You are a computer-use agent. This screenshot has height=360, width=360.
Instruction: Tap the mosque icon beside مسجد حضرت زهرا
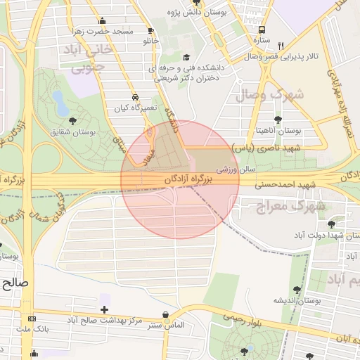coord(103,21)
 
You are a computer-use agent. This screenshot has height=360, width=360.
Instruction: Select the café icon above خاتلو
coord(150,31)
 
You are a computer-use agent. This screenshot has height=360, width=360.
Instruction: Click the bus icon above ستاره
coord(262,30)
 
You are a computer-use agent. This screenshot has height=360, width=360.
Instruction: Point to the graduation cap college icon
coord(186,58)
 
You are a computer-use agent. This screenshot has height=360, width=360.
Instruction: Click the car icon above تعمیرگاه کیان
coord(134,97)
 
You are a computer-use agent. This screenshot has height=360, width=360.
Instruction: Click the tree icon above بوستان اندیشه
coord(297,289)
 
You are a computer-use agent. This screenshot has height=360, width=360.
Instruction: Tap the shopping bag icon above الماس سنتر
coord(165,315)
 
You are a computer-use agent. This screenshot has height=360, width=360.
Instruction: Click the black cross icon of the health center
coord(104,309)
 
